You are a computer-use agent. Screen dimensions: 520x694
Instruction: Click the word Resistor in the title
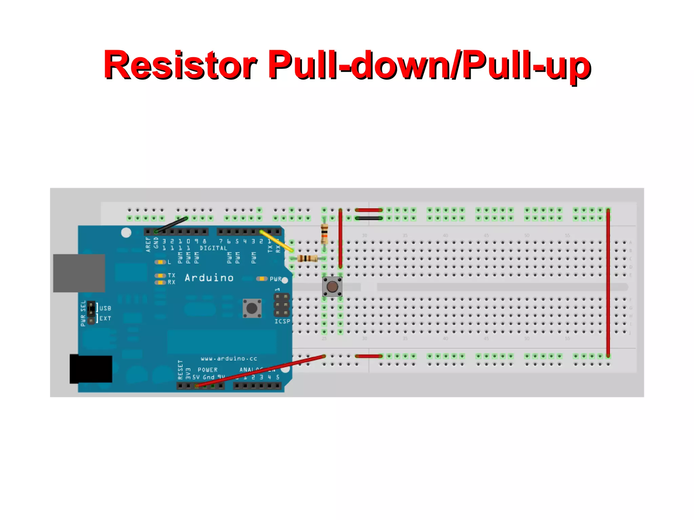180,65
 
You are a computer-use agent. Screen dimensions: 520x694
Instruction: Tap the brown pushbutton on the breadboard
332,287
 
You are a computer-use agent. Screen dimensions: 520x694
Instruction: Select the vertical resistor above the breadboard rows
324,234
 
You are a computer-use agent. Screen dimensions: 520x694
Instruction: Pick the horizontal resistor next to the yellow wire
307,258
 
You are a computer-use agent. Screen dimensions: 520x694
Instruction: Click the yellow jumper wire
276,241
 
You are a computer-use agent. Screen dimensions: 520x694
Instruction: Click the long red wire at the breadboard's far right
608,283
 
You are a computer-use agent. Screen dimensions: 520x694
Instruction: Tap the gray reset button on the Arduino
252,308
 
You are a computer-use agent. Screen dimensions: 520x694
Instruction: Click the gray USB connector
79,273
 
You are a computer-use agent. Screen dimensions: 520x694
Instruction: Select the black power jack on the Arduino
91,369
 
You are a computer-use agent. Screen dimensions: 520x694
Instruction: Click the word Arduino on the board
209,278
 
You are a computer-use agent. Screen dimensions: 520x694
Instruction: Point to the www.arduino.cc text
229,358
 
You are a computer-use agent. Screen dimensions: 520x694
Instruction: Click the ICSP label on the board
282,321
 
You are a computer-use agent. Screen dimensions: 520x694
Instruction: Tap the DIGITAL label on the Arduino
213,248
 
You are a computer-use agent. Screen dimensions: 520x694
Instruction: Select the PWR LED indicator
262,278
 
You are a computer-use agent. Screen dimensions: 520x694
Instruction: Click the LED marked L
160,262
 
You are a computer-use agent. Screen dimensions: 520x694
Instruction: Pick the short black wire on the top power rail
369,218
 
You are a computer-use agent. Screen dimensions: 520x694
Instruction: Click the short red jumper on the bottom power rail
369,356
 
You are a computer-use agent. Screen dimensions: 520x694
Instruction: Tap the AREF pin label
148,244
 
